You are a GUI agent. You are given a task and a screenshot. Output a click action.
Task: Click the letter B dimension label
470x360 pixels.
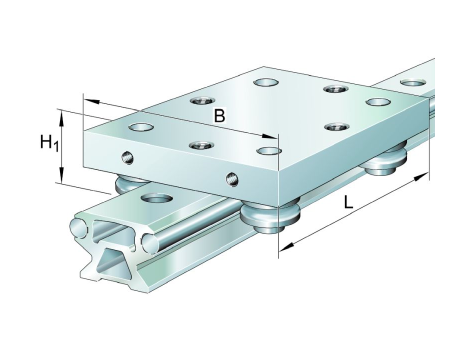point(219,116)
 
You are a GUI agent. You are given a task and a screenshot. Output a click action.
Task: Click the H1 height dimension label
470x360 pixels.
point(49,143)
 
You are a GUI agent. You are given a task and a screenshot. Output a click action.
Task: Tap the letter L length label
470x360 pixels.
point(348,202)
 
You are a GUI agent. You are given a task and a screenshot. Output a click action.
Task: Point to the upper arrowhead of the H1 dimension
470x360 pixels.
point(61,119)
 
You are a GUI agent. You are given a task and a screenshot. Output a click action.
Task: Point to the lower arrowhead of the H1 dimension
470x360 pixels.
point(61,175)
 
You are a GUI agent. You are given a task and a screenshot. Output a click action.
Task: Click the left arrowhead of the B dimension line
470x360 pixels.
point(91,101)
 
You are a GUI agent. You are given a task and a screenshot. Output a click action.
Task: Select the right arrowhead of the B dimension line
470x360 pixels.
point(270,136)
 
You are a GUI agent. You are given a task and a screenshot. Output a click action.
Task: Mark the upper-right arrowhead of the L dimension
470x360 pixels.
point(421,176)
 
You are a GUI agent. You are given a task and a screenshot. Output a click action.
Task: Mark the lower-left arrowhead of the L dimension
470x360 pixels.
point(286,246)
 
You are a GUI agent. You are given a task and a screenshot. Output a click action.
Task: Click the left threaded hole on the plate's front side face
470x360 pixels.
point(128,157)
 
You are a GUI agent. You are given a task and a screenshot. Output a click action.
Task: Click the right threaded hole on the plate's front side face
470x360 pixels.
point(232,179)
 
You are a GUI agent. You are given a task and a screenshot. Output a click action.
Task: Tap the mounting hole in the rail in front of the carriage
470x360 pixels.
point(157,199)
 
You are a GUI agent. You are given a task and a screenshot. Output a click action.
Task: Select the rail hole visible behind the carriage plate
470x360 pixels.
point(413,83)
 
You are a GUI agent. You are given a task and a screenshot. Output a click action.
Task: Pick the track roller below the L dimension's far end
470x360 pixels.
point(387,161)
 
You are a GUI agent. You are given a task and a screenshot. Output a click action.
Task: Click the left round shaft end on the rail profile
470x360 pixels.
point(79,228)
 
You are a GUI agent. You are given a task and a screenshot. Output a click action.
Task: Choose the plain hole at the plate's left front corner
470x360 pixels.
point(141,127)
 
